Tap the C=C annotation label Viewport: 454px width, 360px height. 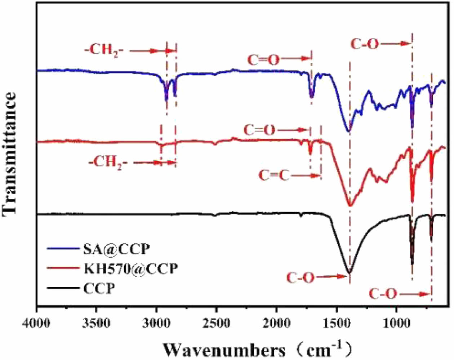coord(274,176)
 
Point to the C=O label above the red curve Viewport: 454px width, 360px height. coord(259,130)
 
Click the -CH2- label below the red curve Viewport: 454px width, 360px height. coord(108,162)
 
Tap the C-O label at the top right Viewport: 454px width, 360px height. coord(365,45)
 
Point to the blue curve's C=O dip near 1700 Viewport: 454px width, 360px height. coord(312,97)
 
